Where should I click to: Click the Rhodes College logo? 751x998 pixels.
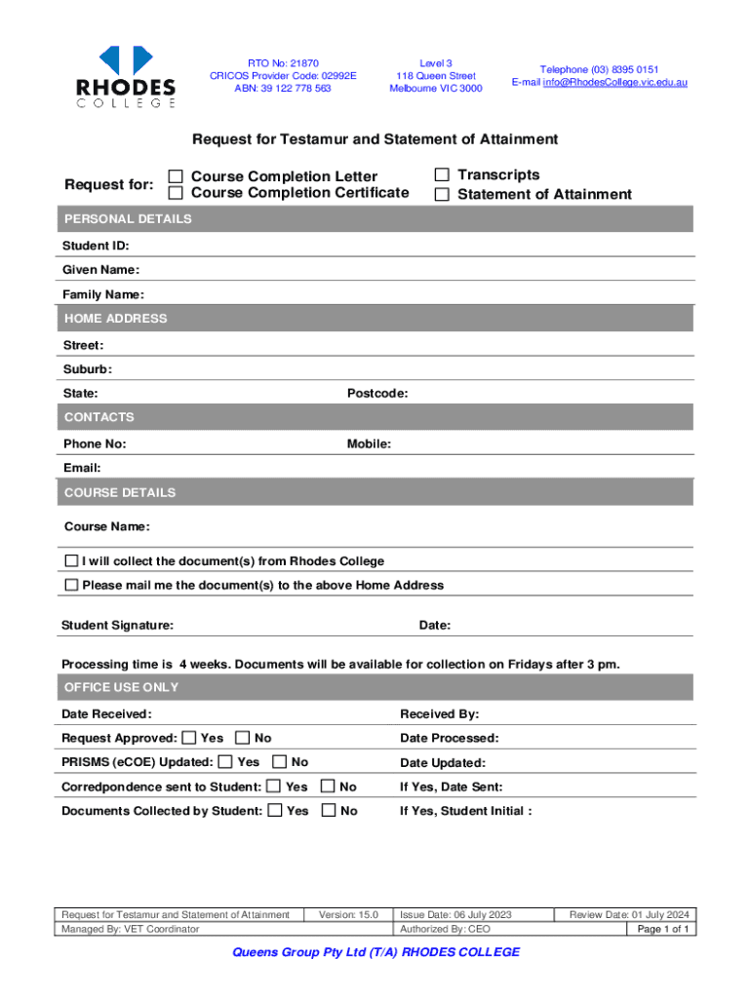[x=126, y=76]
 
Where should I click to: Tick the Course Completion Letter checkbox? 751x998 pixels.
[x=176, y=176]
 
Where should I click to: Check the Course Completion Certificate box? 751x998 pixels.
[x=176, y=193]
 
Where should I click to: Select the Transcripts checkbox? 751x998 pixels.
[x=442, y=174]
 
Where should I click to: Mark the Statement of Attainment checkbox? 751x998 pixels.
[x=442, y=194]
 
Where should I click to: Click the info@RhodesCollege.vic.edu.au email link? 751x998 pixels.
[x=614, y=83]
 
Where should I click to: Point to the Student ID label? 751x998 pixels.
[x=96, y=246]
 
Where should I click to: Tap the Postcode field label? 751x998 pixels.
[x=377, y=394]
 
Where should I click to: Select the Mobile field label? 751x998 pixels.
[x=369, y=444]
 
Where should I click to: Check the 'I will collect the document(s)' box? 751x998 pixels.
[x=71, y=561]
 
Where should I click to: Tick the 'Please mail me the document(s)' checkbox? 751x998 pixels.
[x=71, y=586]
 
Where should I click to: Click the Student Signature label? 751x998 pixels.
[x=117, y=625]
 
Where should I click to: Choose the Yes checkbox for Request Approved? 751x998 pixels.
[x=188, y=738]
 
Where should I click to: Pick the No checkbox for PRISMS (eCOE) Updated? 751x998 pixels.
[x=280, y=762]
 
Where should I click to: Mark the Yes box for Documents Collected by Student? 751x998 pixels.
[x=275, y=811]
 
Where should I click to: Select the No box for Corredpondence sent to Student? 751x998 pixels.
[x=329, y=787]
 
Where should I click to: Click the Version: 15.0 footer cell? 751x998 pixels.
[x=348, y=915]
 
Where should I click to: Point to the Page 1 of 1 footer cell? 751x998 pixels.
[x=663, y=930]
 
